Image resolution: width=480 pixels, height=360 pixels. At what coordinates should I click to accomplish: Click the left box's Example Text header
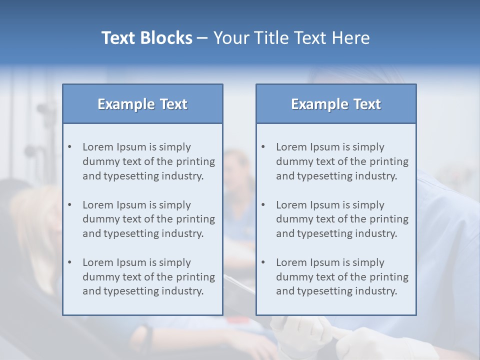[x=142, y=104]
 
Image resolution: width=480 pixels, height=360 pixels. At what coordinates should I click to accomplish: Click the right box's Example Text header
[x=336, y=104]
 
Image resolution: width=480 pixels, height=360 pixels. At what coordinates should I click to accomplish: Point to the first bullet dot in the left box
[x=69, y=147]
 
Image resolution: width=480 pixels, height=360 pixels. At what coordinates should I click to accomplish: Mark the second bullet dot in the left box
[x=69, y=205]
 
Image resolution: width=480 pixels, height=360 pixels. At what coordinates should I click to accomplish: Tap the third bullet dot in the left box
[x=69, y=262]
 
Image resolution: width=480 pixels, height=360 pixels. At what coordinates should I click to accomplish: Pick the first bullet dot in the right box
[x=263, y=147]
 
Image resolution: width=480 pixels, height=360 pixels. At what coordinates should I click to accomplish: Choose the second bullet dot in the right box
[x=263, y=205]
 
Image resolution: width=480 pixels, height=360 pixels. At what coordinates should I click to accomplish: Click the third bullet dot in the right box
[x=263, y=262]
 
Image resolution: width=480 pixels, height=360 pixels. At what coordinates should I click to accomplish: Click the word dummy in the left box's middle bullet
[x=98, y=219]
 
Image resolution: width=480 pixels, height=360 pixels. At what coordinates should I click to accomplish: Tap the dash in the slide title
[x=202, y=38]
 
